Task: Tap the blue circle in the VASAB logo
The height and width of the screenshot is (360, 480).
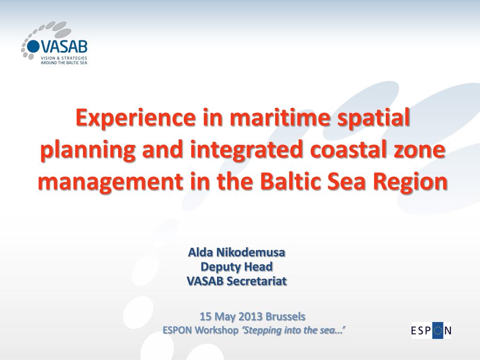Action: (x=33, y=46)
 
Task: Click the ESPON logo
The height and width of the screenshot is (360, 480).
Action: (x=431, y=330)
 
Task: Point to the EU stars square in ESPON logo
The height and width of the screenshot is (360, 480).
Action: (x=438, y=330)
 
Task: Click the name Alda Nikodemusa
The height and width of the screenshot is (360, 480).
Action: (x=237, y=253)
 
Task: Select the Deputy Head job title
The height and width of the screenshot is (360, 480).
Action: (x=237, y=267)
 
